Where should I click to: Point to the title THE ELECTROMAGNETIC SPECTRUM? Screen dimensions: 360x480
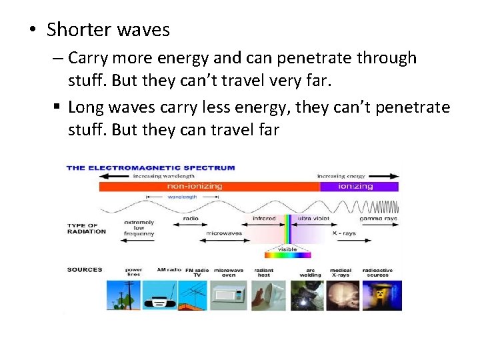click(151, 168)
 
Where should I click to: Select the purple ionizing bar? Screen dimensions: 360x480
click(359, 187)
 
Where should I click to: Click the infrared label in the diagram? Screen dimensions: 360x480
click(265, 219)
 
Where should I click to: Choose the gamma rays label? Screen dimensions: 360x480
click(379, 219)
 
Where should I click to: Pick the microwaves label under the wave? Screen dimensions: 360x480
click(223, 233)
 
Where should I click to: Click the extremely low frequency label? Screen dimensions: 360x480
click(139, 228)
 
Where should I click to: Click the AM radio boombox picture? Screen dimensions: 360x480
click(159, 295)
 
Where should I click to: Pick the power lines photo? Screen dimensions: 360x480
click(123, 295)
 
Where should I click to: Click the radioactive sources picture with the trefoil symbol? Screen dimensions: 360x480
click(382, 295)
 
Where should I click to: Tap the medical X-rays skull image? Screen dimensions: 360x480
click(343, 295)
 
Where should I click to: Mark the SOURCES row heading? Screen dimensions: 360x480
click(85, 270)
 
